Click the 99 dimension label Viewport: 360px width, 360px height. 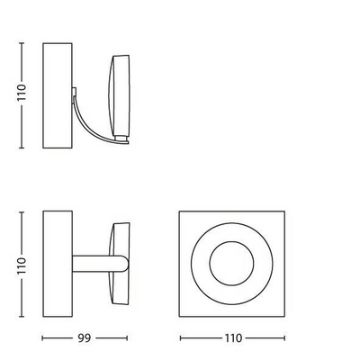pos(85,338)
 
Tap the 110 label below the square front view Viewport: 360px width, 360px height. pos(233,338)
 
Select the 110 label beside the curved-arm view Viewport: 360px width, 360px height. pos(22,93)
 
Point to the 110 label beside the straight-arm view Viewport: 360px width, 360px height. pos(22,265)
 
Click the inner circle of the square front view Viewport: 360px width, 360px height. pos(231,264)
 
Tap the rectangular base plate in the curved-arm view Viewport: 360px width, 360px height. pos(58,95)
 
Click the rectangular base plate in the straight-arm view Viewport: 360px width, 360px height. pos(58,264)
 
